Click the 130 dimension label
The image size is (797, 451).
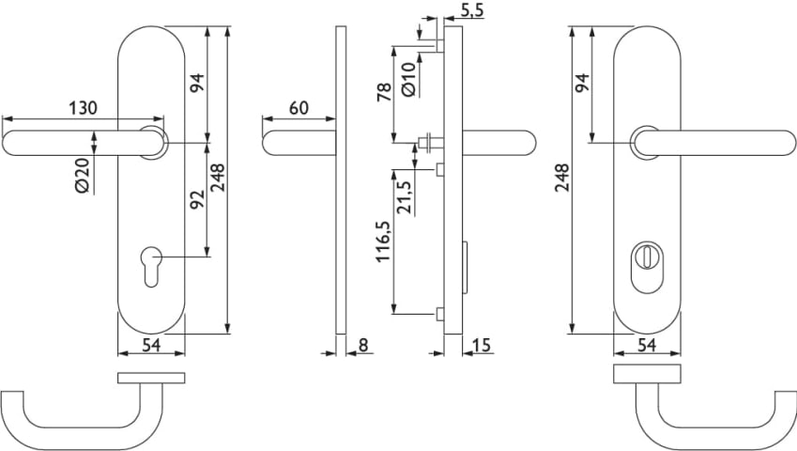pos(83,108)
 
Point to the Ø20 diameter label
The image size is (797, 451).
pos(82,175)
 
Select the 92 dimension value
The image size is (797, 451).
pos(196,199)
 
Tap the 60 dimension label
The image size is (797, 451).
pos(298,108)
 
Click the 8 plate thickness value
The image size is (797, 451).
pos(363,344)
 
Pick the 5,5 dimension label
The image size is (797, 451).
pos(473,10)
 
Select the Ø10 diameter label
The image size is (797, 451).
pos(408,78)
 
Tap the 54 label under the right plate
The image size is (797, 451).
pos(646,345)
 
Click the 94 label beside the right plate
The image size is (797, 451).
pos(582,84)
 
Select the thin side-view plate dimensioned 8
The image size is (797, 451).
pos(342,179)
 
